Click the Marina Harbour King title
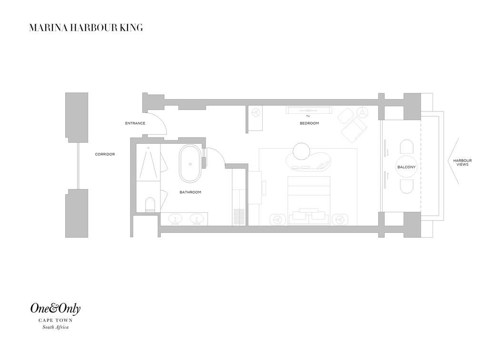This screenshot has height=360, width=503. [86, 28]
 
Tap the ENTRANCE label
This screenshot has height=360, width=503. [135, 123]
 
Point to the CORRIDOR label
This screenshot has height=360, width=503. [105, 154]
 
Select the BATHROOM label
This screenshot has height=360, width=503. [190, 192]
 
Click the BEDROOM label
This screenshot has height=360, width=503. [309, 123]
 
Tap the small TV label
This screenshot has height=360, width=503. [308, 116]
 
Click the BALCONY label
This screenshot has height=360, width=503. [406, 167]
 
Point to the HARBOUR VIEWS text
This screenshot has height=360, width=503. [462, 162]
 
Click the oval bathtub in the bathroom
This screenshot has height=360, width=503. [190, 164]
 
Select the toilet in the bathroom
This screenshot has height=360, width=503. [150, 205]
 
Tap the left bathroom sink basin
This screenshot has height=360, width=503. [175, 219]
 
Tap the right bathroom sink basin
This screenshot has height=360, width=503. [197, 219]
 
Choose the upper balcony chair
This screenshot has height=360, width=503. [406, 147]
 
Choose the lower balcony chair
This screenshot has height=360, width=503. [406, 187]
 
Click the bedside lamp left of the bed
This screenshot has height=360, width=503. [278, 220]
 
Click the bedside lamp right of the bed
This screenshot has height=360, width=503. [340, 220]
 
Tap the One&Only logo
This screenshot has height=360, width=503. [55, 309]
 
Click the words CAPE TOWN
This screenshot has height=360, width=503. [56, 320]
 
